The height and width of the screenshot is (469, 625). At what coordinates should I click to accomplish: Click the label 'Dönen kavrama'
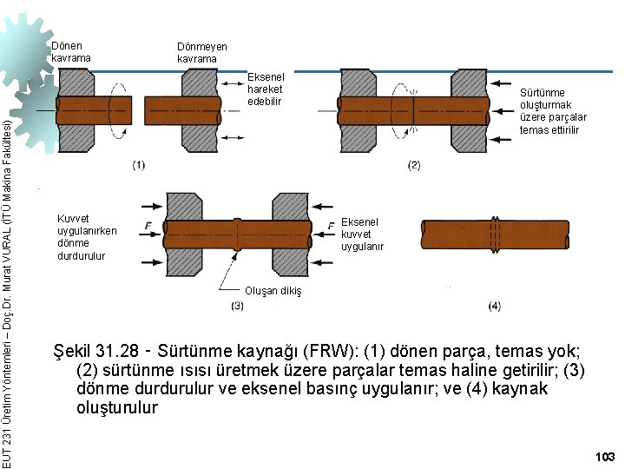tap(70, 51)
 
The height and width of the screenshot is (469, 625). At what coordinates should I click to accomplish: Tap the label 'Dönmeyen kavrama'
tap(201, 53)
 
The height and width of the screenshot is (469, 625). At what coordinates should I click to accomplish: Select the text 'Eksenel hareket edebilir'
tap(266, 89)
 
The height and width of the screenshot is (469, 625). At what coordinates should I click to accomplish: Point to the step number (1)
tap(139, 165)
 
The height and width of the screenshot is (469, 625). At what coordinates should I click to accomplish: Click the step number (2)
tap(413, 165)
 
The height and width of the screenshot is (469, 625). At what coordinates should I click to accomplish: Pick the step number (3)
tap(237, 306)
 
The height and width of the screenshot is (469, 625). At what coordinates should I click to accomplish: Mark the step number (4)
tap(494, 306)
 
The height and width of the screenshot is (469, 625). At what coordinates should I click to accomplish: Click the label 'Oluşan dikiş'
tap(273, 291)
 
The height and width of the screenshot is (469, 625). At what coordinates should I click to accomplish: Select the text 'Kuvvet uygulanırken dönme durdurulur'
tap(86, 237)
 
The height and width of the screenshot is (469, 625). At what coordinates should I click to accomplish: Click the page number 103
tap(605, 456)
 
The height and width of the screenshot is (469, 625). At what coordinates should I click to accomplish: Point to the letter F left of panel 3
tap(149, 226)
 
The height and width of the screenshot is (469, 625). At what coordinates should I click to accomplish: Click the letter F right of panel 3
tap(332, 227)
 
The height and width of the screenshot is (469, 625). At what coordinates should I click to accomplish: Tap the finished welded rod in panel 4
tap(495, 234)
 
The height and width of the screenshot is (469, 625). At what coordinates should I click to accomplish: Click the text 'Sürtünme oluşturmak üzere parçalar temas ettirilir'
tap(553, 111)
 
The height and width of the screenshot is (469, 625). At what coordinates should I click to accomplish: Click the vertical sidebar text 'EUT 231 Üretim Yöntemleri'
tap(8, 408)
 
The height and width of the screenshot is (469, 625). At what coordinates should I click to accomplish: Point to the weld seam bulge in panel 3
tap(237, 234)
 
